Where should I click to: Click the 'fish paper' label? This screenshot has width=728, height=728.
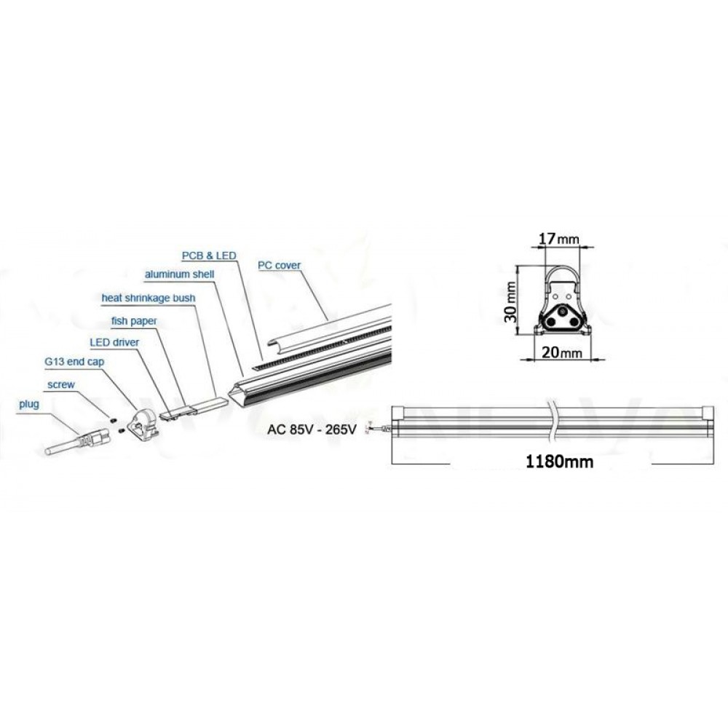pyautogui.click(x=135, y=320)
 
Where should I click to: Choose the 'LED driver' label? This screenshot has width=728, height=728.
pyautogui.click(x=114, y=341)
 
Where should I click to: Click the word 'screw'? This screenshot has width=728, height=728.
pyautogui.click(x=61, y=383)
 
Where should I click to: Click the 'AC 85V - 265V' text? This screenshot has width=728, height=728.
pyautogui.click(x=311, y=430)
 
